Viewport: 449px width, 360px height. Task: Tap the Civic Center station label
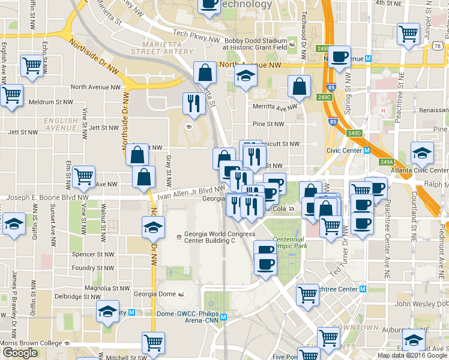point(346,151)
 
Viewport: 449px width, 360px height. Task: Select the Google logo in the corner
point(20,353)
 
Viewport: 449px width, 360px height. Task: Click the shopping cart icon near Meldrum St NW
point(11,94)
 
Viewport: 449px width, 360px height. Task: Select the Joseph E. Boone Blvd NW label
point(47,197)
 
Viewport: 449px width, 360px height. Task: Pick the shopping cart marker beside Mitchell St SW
point(153,342)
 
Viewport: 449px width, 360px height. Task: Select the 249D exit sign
point(355,133)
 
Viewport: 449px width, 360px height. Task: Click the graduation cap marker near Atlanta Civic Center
point(422,153)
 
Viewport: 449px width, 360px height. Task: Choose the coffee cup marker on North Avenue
point(339,57)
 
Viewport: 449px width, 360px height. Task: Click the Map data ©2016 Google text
point(412,355)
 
